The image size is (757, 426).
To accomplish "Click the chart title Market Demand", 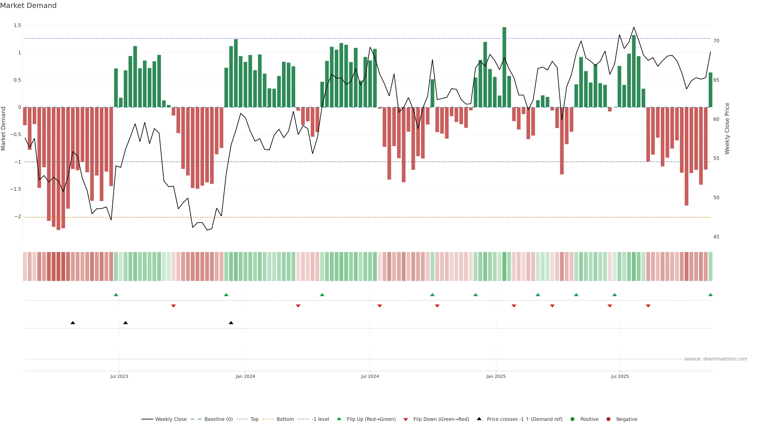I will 28,6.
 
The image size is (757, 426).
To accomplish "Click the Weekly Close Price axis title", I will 727,128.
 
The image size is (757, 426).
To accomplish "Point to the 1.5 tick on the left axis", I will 17,26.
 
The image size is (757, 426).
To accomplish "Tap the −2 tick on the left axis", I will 18,216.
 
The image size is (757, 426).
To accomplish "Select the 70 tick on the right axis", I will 716,41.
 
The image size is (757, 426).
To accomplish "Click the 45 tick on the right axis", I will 716,237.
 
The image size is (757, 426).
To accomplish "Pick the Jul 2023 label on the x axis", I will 119,376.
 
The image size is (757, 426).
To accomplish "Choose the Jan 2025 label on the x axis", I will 496,376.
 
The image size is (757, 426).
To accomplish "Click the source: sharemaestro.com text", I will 716,359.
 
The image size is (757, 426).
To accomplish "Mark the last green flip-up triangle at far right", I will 710,295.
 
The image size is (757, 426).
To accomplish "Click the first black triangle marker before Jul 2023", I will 73,323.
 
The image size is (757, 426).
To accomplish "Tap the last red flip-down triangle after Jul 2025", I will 648,306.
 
